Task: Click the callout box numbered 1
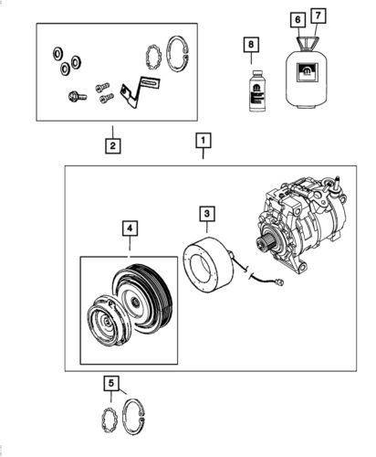click(203, 141)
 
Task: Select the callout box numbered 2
click(112, 145)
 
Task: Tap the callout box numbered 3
click(207, 214)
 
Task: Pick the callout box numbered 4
click(130, 228)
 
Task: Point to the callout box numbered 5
click(111, 383)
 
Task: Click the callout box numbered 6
click(298, 20)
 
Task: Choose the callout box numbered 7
click(318, 16)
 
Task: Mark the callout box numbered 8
click(251, 45)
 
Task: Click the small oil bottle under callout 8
click(256, 90)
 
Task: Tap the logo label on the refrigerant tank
click(308, 72)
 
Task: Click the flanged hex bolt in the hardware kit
click(78, 97)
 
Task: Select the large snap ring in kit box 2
click(178, 54)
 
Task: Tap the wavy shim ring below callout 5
click(109, 420)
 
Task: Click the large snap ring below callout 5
click(133, 416)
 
